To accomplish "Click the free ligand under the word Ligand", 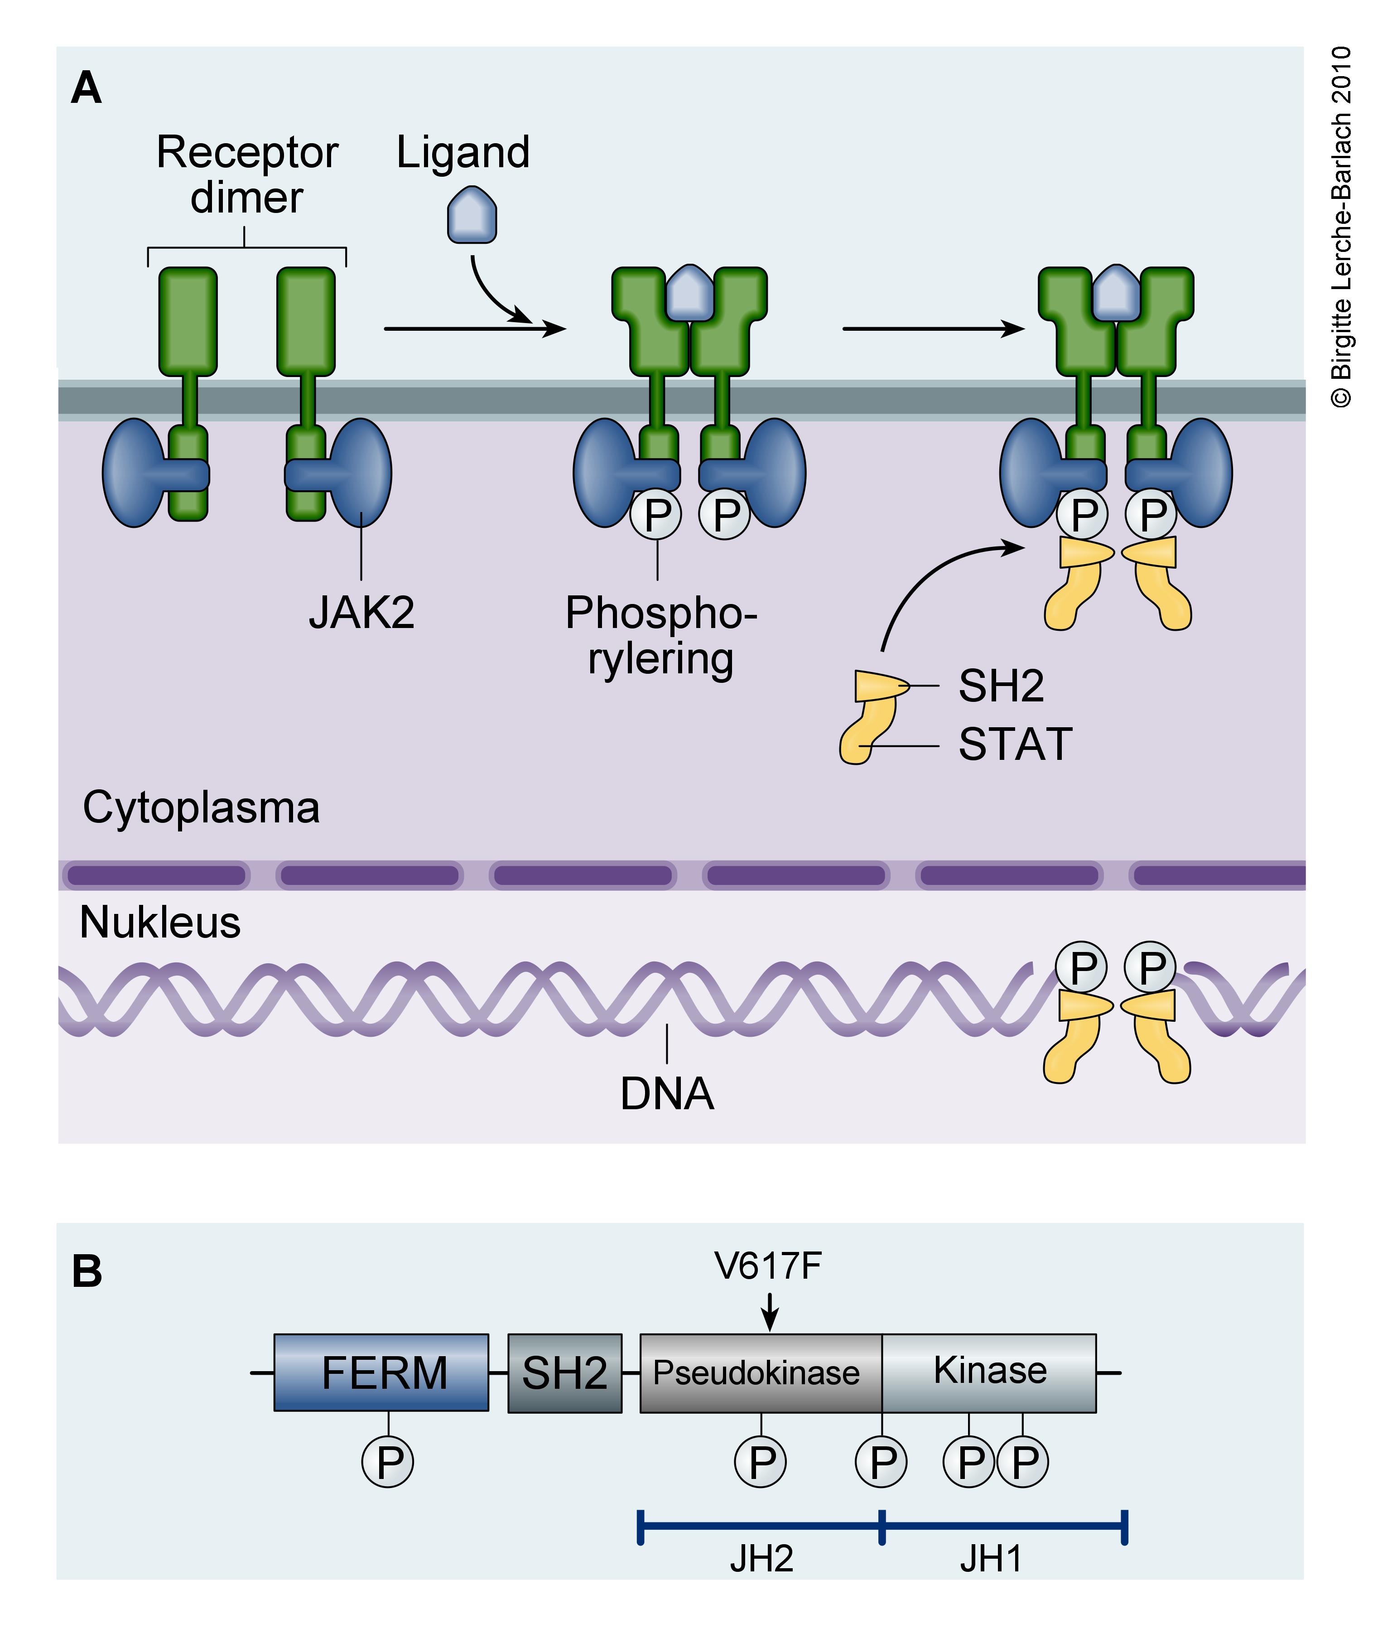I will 472,214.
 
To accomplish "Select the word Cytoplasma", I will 201,807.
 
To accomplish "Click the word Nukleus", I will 160,922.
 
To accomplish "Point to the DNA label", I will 667,1093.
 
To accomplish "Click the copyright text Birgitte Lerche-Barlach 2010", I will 1341,226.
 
